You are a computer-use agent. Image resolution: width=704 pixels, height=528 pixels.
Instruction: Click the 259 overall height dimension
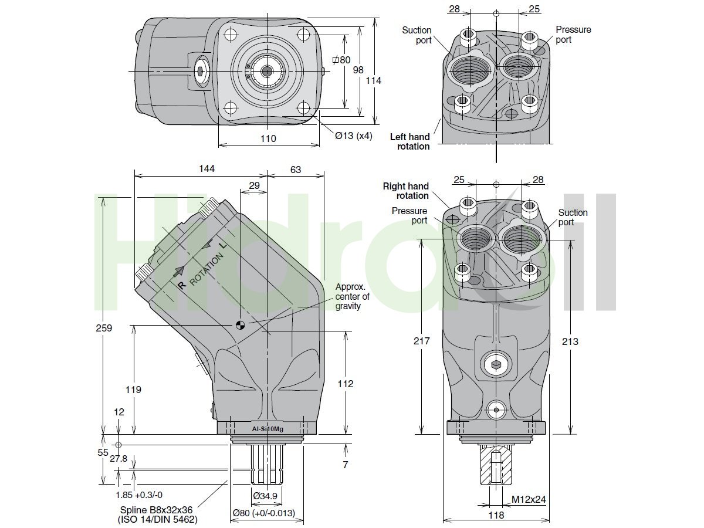click(104, 328)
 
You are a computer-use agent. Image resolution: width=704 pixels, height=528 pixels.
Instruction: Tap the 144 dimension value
click(207, 169)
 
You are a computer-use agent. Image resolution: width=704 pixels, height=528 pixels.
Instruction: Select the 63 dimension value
click(295, 170)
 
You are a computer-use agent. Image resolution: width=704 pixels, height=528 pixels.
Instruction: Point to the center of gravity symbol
click(240, 324)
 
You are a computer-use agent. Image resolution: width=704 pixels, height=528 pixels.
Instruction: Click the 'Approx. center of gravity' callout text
click(352, 296)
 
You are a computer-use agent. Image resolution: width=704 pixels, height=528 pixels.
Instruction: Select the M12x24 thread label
click(529, 500)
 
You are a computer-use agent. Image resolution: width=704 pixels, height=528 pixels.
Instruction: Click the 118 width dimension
click(496, 515)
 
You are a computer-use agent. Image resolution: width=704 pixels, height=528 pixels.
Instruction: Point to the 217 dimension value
click(422, 341)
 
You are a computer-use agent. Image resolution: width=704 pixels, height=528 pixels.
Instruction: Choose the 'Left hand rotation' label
click(410, 141)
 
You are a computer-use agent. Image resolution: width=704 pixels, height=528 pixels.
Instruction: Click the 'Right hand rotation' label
click(406, 191)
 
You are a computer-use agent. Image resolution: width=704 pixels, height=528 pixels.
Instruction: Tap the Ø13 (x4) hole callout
click(353, 136)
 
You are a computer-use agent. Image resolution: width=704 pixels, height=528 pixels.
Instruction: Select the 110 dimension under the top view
click(268, 138)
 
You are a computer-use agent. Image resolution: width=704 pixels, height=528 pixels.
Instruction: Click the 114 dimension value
click(373, 80)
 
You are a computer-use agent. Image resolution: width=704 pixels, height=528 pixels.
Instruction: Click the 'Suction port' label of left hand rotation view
click(417, 35)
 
